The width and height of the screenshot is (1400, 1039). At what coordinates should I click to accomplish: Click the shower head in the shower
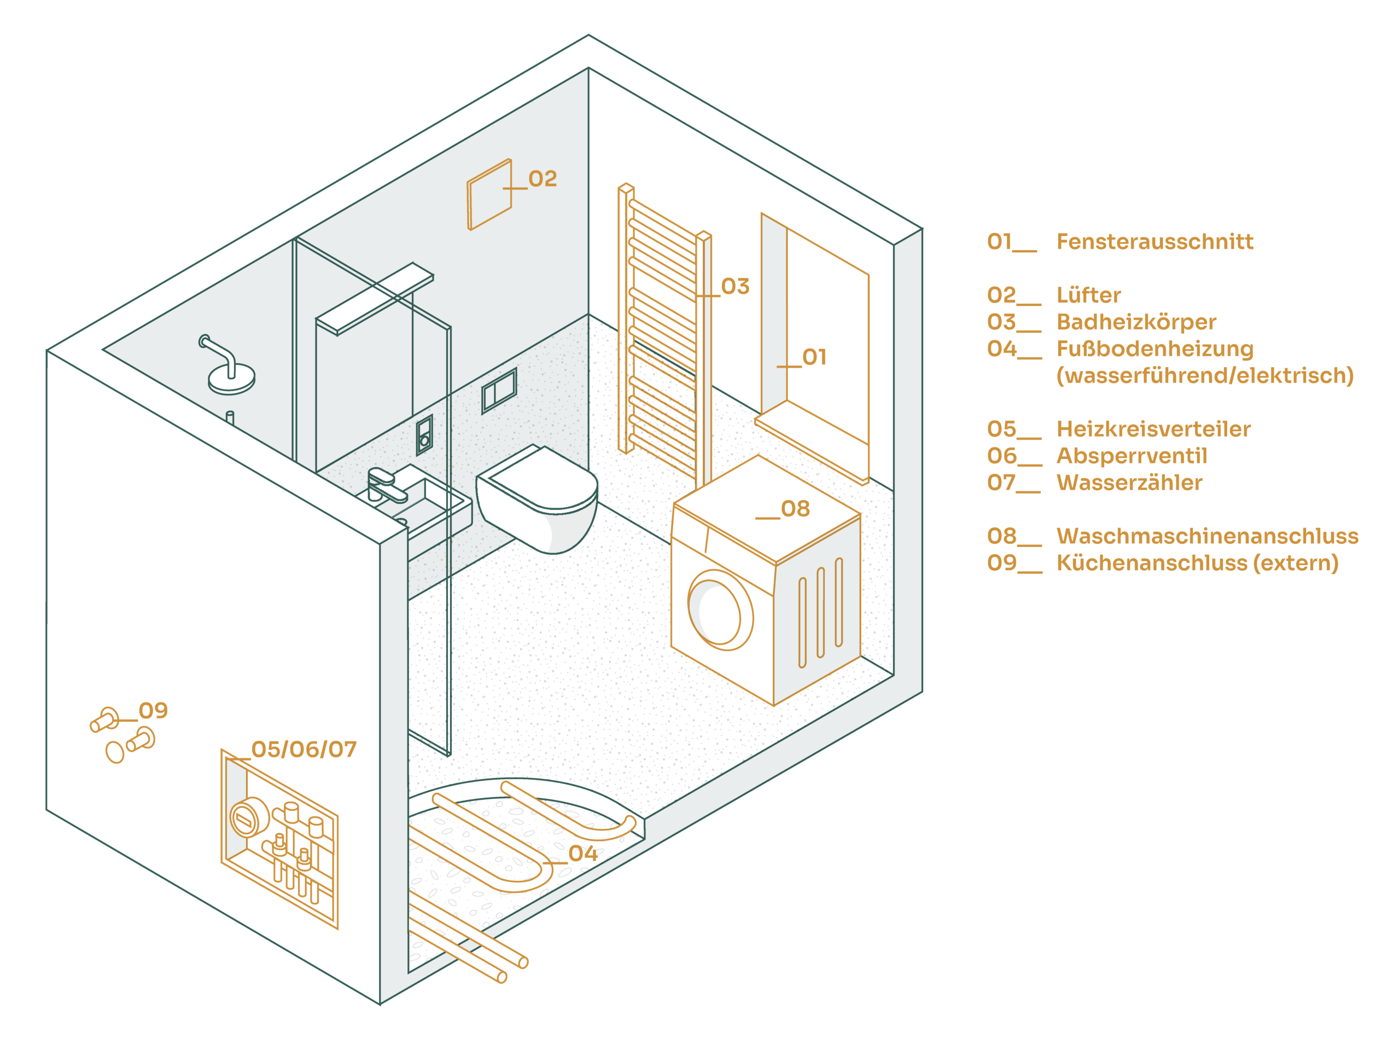point(231,378)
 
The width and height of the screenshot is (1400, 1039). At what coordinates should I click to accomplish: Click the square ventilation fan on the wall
point(489,194)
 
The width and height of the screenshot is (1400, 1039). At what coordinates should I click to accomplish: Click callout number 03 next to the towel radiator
point(735,287)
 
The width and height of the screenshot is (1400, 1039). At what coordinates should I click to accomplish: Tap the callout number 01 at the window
point(814,357)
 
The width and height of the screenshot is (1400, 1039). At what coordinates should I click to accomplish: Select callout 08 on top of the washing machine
point(795,509)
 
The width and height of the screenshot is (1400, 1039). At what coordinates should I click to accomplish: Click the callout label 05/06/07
point(304,749)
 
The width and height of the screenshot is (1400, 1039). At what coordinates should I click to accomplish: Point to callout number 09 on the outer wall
point(153,711)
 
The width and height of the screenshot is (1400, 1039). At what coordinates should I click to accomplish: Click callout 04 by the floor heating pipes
point(582,854)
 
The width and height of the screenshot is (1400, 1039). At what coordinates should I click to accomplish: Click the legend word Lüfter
point(1088,295)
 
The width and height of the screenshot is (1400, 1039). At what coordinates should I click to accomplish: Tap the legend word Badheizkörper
point(1135,322)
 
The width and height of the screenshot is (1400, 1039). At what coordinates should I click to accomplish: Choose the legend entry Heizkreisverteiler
point(1153,429)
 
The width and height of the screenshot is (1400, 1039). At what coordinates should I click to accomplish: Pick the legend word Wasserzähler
point(1129,483)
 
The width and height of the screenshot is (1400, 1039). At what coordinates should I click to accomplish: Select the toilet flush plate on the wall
point(499,390)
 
